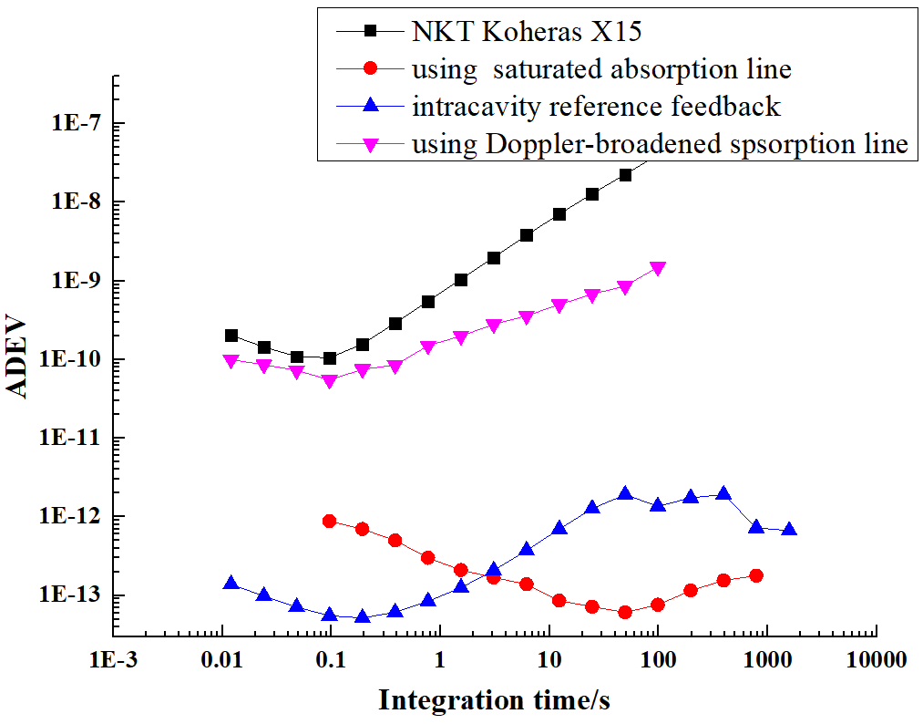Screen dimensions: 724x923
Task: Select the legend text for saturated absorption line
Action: click(600, 68)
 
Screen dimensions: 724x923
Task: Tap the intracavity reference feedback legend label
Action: click(596, 106)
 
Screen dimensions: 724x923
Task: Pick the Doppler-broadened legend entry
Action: click(660, 144)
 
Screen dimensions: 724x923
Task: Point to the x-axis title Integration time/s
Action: click(494, 699)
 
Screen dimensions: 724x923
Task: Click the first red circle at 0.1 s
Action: click(330, 522)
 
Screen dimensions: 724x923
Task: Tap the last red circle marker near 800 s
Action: click(756, 575)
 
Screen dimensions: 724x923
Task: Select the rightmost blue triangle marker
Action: click(789, 530)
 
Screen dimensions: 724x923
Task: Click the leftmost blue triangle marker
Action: click(231, 584)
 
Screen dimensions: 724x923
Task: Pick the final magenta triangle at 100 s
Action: click(658, 269)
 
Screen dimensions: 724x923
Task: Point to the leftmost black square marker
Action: click(231, 336)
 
